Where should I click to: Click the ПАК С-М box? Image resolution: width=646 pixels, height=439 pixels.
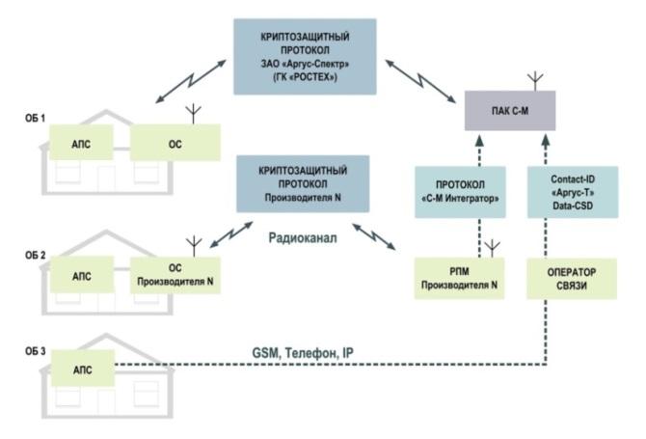tap(510, 110)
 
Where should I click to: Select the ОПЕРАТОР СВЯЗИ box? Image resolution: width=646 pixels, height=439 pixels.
tap(572, 279)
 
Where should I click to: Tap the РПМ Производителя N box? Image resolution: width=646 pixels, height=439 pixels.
tap(459, 278)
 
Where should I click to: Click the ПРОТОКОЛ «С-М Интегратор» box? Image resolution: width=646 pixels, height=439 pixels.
tap(460, 192)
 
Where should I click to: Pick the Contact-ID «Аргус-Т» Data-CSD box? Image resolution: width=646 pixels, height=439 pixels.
tap(573, 192)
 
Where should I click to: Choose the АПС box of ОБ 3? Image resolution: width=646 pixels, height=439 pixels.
tap(82, 369)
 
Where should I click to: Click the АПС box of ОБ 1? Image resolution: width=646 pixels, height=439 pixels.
tap(81, 142)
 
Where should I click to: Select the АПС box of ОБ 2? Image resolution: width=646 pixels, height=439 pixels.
tap(82, 275)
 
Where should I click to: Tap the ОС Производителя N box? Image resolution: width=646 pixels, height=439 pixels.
tap(175, 275)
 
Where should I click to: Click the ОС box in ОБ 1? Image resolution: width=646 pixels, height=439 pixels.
tap(175, 143)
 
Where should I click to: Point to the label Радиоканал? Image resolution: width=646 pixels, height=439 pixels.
tap(303, 238)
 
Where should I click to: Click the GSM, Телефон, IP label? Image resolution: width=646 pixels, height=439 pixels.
tap(303, 353)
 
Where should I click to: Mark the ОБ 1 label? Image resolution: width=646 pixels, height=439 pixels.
tap(35, 119)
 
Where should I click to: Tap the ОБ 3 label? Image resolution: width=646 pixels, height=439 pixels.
tap(35, 351)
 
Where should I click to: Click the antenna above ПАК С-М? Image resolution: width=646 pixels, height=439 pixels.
tap(535, 82)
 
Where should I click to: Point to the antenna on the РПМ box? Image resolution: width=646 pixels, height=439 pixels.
tap(493, 249)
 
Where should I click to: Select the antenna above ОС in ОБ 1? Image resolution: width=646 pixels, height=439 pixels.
tap(193, 115)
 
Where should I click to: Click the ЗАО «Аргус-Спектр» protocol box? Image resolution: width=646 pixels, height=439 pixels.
tap(305, 57)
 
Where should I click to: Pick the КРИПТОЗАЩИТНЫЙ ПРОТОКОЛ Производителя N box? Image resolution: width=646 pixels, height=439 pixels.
tap(303, 184)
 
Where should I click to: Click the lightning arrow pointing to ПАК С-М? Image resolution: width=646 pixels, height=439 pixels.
tap(420, 81)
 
